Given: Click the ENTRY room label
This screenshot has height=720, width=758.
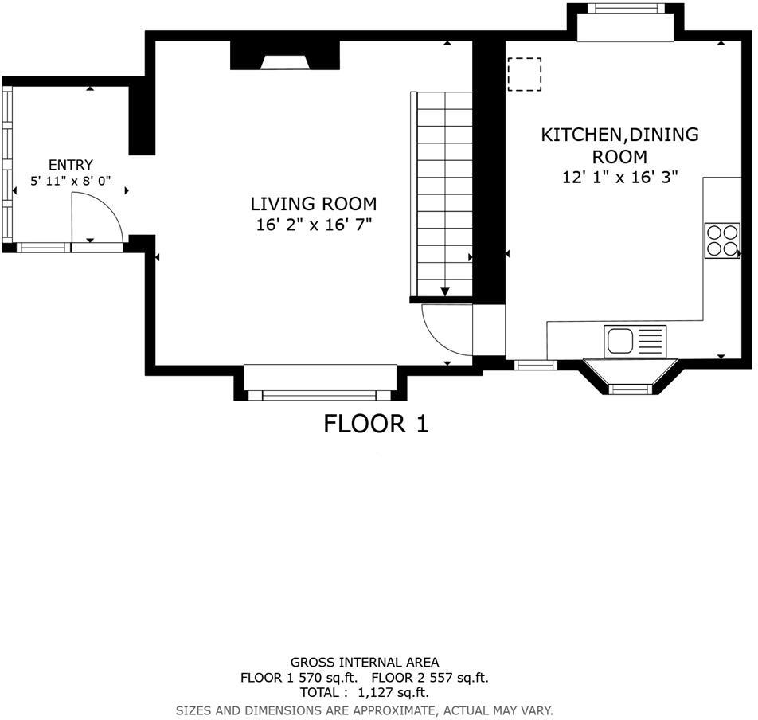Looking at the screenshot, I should [x=71, y=165].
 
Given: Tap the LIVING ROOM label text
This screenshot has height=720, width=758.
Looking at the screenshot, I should [x=314, y=204].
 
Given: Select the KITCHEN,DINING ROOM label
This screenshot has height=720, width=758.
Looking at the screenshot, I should [x=619, y=145].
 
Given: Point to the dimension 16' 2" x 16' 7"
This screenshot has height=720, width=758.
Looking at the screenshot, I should [x=314, y=225].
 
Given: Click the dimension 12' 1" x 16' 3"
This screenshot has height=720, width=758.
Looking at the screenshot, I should [x=619, y=178].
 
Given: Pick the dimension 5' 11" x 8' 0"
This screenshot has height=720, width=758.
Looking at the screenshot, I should [x=69, y=182].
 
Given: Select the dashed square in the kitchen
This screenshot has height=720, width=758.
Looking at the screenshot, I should [x=525, y=74].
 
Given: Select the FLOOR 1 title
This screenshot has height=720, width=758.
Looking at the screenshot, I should [x=376, y=424].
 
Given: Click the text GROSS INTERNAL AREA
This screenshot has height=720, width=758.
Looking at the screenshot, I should [x=364, y=662].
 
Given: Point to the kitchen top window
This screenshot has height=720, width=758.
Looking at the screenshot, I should [x=625, y=9].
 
